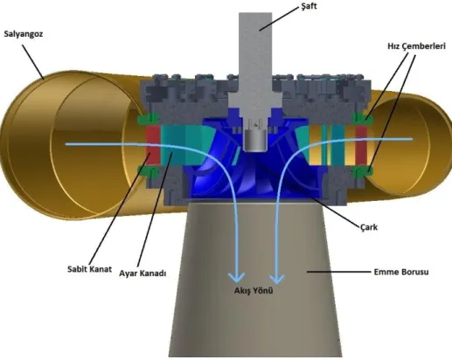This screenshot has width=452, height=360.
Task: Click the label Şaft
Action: tap(309, 6)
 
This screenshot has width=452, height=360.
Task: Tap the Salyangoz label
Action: tap(24, 34)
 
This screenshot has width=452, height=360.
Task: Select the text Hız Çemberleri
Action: tap(416, 46)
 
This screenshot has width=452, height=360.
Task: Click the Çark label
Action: tap(369, 227)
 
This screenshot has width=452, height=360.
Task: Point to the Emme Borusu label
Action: tap(401, 272)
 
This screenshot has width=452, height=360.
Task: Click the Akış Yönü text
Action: tap(254, 291)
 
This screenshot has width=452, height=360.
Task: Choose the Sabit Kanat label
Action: tap(89, 269)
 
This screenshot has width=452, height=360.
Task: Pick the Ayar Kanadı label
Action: tap(143, 273)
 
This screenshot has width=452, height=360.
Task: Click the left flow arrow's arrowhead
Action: tap(236, 277)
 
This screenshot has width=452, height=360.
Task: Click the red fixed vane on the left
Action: tap(152, 146)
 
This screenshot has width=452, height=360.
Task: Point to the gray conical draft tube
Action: tap(255, 280)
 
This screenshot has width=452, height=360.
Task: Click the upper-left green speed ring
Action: tap(148, 119)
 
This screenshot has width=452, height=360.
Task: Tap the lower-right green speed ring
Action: tap(363, 172)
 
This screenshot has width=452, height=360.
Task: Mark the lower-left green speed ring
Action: tap(148, 171)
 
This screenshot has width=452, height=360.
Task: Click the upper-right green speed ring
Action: tap(363, 118)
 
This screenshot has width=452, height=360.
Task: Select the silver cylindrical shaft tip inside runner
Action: tap(255, 141)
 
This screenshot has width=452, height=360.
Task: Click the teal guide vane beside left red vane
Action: tap(173, 146)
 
